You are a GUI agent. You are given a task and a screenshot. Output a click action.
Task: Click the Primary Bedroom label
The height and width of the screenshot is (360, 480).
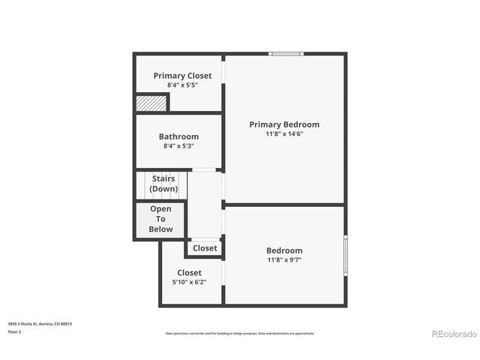[x=284, y=124]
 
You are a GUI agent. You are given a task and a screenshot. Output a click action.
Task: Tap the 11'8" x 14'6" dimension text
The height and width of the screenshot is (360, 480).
[x=284, y=134]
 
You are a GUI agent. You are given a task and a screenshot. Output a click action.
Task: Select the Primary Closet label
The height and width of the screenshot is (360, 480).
[x=182, y=76]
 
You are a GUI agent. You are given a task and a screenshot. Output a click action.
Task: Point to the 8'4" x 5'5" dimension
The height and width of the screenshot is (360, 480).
[x=182, y=85]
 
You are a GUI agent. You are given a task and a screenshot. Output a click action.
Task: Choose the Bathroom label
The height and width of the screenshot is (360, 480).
[x=178, y=136]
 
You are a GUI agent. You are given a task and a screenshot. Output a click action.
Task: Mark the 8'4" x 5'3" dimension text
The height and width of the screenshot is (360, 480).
[x=178, y=146]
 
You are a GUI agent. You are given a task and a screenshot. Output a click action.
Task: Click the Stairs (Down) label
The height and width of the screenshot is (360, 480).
[x=163, y=184]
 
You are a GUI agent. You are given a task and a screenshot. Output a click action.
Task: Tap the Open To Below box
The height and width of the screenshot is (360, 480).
[x=160, y=219]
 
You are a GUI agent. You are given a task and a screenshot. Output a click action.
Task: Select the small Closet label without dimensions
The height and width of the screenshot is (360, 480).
[x=205, y=248]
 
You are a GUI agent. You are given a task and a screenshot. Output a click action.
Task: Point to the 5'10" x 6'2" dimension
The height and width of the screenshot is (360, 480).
[x=189, y=283]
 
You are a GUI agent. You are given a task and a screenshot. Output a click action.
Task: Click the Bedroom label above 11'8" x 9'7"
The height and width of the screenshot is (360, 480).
[x=284, y=250]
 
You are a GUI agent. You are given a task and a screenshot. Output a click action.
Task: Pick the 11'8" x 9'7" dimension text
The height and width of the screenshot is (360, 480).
[x=284, y=260]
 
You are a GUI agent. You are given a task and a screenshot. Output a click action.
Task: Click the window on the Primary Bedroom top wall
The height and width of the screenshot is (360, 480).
[x=286, y=53]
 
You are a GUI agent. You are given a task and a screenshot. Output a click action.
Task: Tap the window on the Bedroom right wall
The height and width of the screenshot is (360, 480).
[x=345, y=256]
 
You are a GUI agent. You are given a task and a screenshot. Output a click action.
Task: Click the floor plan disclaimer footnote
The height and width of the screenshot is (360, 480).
[x=240, y=334]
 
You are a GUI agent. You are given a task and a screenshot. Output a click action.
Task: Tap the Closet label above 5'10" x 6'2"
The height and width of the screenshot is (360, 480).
[x=189, y=273]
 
